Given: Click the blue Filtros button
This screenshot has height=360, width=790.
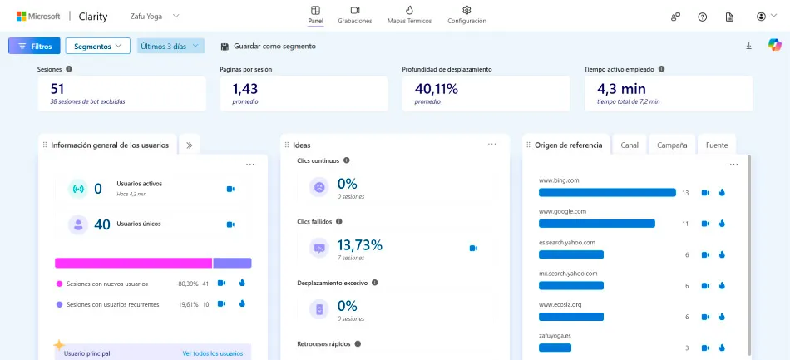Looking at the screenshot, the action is (34, 46).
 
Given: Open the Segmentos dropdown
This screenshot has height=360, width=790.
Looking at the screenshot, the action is (98, 46).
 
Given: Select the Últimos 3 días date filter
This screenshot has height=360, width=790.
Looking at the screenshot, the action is (170, 46).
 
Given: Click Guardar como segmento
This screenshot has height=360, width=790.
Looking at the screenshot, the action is (269, 47).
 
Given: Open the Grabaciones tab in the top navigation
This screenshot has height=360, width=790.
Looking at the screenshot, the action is (355, 15).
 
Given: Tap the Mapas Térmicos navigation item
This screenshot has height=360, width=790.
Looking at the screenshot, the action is (409, 15).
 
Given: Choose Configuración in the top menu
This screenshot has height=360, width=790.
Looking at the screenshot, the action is (467, 15).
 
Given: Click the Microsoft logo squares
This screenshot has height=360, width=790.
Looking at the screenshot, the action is (21, 16).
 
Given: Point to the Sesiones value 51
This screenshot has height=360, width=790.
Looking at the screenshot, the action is (57, 89).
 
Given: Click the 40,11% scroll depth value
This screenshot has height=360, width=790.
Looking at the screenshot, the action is (437, 89).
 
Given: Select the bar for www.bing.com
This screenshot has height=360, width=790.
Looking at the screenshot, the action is (607, 192).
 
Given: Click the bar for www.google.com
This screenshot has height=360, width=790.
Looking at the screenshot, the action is (597, 224).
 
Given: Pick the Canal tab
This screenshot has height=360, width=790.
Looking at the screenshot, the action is (630, 145).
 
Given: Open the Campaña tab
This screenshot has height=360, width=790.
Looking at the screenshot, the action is (672, 145).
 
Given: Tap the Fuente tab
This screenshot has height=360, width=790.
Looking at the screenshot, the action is (717, 145).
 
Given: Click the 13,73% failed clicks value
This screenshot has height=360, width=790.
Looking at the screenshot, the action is (360, 245).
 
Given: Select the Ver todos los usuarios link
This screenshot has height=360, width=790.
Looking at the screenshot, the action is (213, 353).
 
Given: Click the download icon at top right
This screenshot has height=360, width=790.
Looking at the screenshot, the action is (748, 46).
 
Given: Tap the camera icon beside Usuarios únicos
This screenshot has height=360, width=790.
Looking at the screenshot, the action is (230, 224).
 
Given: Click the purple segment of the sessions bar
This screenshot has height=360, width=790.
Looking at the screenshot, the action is (232, 263).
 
